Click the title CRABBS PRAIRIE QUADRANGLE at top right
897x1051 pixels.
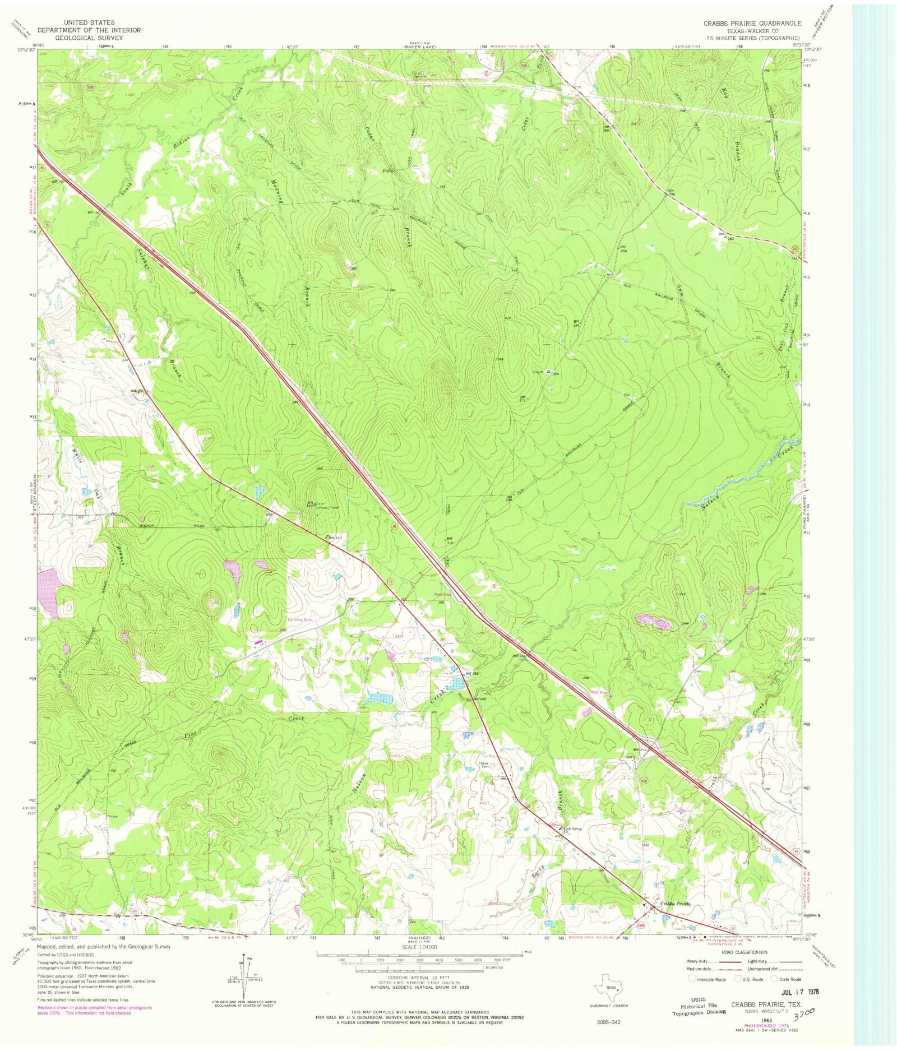pyautogui.click(x=752, y=24)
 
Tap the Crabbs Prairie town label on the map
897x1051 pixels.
pyautogui.click(x=675, y=904)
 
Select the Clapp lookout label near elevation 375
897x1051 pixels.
pyautogui.click(x=538, y=372)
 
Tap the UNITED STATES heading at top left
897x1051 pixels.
pyautogui.click(x=89, y=22)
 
